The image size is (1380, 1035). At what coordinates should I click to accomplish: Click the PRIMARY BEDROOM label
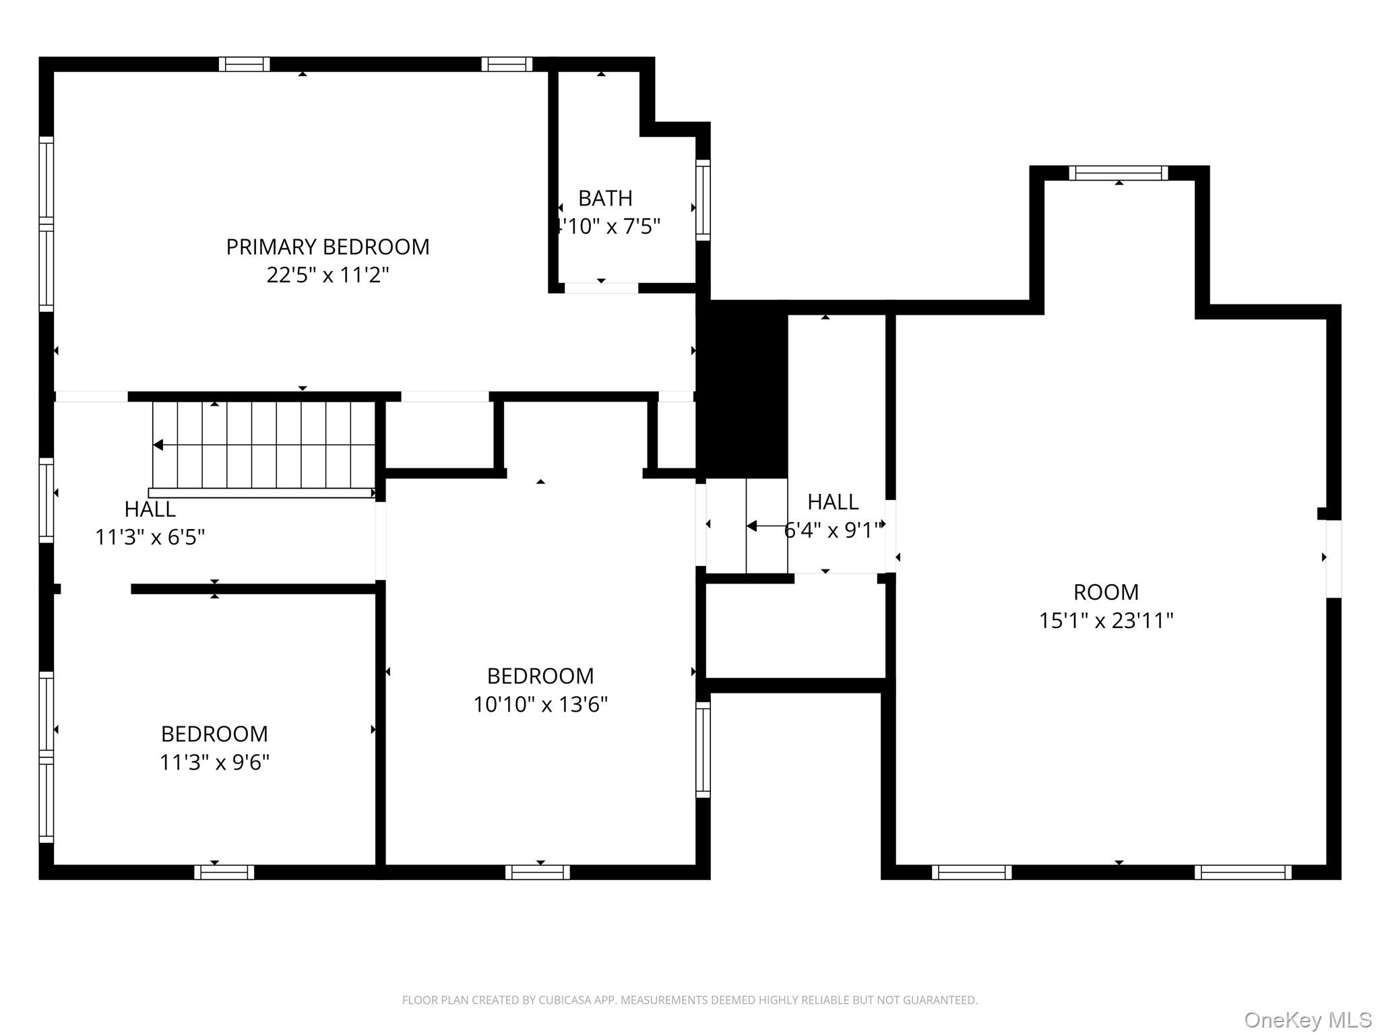[x=327, y=247]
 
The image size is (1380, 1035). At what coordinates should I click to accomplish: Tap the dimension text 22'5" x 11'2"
[x=327, y=276]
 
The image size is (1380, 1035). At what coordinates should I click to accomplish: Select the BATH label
[x=605, y=199]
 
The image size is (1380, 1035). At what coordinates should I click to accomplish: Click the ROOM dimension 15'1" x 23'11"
[x=1106, y=621]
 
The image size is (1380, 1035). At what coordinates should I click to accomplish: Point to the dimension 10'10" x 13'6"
[x=540, y=705]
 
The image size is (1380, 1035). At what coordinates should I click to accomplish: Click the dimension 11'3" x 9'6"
[x=214, y=763]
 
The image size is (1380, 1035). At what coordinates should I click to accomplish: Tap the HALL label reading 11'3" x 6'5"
[x=150, y=509]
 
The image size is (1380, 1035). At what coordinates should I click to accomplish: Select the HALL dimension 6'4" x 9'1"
[x=833, y=531]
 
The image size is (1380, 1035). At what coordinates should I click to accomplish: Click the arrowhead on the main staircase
[x=158, y=445]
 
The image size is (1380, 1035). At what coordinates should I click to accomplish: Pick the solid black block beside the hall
[x=743, y=389]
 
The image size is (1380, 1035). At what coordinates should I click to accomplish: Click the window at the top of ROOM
[x=1119, y=173]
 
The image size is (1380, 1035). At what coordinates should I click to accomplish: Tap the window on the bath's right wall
[x=703, y=200]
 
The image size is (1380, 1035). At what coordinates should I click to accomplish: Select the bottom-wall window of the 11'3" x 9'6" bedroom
[x=224, y=873]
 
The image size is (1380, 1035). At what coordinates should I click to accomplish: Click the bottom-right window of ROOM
[x=1243, y=873]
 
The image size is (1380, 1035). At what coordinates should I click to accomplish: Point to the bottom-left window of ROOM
[x=972, y=873]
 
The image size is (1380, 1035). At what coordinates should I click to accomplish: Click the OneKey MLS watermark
[x=1307, y=1020]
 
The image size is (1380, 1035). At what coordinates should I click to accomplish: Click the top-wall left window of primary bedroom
[x=244, y=64]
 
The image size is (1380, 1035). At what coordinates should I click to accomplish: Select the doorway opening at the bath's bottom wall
[x=601, y=288]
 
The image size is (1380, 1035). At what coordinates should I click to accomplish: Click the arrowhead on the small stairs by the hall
[x=751, y=526]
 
